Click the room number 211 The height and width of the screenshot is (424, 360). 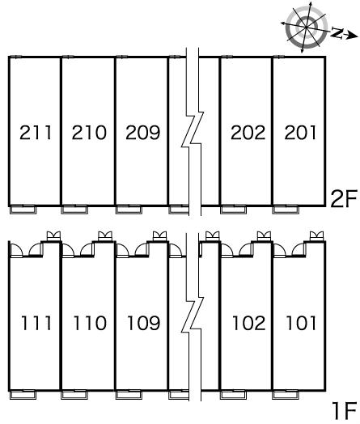36,132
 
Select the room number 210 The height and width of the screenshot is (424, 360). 89,132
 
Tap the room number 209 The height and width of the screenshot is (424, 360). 143,132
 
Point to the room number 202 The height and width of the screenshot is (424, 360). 248,132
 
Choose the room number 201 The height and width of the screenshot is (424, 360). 300,132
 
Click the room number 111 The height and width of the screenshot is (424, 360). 36,323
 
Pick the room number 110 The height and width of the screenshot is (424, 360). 90,323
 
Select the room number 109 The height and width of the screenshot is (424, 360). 144,323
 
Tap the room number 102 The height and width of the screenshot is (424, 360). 249,323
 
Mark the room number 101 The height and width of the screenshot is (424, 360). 301,323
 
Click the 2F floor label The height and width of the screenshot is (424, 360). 344,199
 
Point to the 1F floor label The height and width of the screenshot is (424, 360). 345,411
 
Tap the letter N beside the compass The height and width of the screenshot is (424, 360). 337,32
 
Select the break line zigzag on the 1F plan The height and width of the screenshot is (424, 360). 193,316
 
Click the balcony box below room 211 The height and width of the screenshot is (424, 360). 23,210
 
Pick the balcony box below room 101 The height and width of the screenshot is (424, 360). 286,395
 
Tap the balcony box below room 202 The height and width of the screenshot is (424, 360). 233,210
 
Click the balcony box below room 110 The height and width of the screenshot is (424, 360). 74,395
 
